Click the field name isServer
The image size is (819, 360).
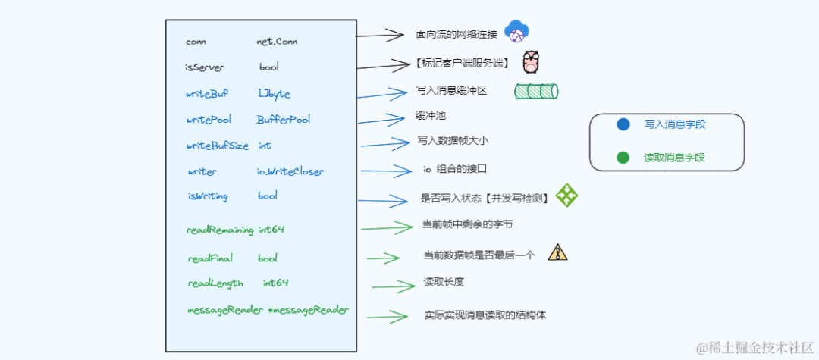205,67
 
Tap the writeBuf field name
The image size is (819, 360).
206,94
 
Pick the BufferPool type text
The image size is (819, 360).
284,120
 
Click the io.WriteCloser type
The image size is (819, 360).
290,172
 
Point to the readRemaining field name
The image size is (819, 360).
220,230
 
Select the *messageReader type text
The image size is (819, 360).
309,310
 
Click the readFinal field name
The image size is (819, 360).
210,258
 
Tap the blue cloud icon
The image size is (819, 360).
516,31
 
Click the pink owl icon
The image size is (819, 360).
531,62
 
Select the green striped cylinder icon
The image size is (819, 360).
536,92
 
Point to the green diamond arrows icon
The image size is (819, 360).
566,196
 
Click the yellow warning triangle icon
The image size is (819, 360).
557,252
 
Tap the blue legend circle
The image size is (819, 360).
623,124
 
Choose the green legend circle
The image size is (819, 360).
623,158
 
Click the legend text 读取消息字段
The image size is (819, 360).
674,158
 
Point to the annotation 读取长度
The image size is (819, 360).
444,282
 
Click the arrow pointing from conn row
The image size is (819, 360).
380,34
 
